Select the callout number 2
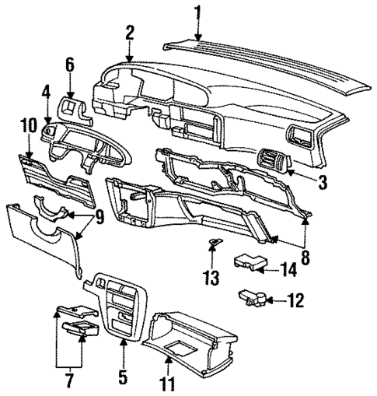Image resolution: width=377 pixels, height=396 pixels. [x=130, y=33]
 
